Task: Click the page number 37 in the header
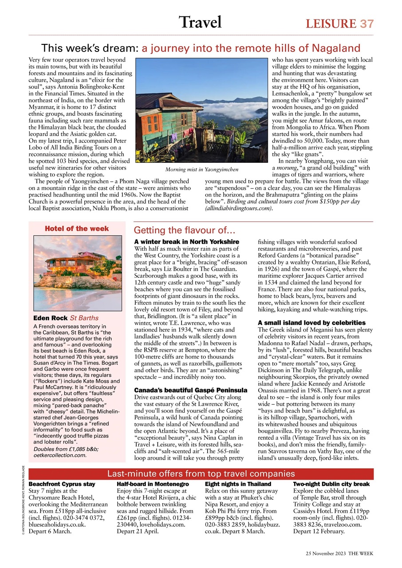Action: [367, 24]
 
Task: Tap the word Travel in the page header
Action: [201, 22]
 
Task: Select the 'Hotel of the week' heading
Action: [77, 229]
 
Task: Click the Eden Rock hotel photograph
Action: [78, 272]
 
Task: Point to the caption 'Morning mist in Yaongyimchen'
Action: [201, 170]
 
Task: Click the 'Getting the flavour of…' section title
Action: [184, 230]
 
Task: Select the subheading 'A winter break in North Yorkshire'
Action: [186, 241]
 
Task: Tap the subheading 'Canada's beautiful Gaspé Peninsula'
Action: [191, 390]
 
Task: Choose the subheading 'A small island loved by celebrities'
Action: [311, 323]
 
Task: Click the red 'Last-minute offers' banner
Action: [201, 473]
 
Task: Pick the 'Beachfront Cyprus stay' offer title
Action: [62, 484]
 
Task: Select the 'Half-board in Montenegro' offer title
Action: [153, 484]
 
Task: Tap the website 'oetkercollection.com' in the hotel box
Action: [60, 455]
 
